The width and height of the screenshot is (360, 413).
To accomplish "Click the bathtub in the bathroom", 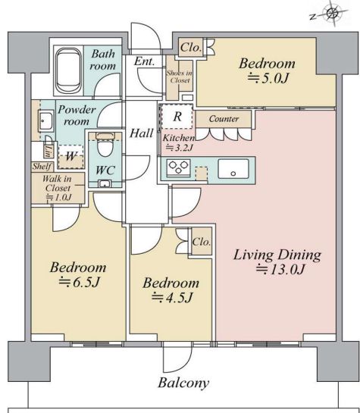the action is click(69, 70).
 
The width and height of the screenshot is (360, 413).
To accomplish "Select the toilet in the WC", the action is click(105, 145).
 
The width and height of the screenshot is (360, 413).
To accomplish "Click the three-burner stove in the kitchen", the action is click(178, 167).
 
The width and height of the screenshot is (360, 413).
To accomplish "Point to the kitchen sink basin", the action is click(233, 168).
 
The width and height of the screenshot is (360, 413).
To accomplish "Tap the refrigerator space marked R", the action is click(177, 116).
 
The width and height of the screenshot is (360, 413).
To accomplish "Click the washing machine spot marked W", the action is click(70, 156).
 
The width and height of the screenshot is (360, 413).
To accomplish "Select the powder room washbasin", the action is click(45, 121).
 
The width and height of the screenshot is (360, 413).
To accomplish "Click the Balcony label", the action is click(183, 383).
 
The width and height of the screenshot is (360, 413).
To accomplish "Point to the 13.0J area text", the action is click(280, 269).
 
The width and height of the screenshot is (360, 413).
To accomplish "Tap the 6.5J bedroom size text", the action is click(79, 282).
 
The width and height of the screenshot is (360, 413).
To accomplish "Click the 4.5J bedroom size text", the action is click(172, 298).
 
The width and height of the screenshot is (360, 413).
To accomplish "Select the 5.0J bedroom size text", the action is click(268, 78).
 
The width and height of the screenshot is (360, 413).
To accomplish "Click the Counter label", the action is click(224, 119).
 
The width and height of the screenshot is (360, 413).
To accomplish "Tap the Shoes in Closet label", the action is click(179, 77).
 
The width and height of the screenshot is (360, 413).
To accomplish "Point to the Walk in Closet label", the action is click(57, 183).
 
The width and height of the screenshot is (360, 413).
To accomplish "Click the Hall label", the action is click(142, 133).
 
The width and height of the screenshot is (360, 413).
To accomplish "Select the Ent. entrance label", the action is click(144, 61).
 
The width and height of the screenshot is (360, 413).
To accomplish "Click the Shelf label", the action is click(42, 166).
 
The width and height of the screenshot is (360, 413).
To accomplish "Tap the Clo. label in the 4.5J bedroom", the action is click(202, 242).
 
